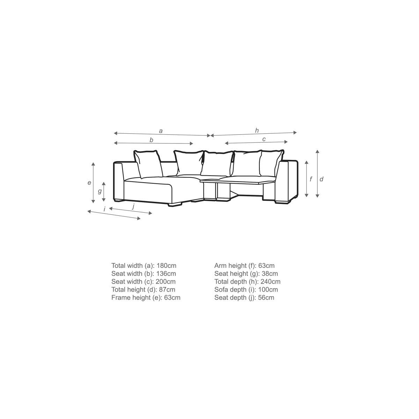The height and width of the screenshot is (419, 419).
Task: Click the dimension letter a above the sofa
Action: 161,131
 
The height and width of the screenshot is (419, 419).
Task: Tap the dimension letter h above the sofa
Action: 257,131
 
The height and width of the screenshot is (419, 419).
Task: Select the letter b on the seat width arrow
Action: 151,140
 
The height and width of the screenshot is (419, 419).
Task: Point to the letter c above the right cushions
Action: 264,139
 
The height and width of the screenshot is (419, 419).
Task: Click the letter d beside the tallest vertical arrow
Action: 321,179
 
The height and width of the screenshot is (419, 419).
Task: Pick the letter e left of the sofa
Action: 89,183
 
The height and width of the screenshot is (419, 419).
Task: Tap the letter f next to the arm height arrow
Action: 311,179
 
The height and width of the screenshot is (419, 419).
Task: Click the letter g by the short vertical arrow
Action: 100,191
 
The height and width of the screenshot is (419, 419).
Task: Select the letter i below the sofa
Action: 104,209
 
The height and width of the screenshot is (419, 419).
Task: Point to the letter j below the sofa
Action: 133,206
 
